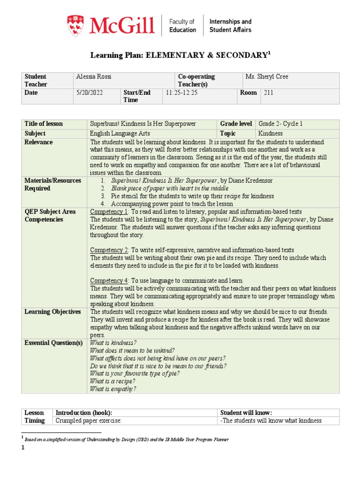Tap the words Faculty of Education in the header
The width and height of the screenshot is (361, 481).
pos(182,25)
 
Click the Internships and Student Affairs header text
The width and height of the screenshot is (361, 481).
pos(230,25)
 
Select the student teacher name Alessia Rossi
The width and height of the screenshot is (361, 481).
pos(94,77)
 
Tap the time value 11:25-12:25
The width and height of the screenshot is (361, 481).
pos(183,93)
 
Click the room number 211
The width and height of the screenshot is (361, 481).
pos(268,93)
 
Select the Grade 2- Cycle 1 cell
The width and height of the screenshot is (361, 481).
pos(281,124)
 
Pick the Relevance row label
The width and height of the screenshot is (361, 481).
pos(39,142)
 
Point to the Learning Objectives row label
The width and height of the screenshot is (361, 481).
pos(53,312)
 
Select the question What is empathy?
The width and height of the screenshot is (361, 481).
pos(113,389)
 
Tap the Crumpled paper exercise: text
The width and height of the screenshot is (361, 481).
pos(88,421)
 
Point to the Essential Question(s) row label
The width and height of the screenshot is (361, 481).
pos(54,343)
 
